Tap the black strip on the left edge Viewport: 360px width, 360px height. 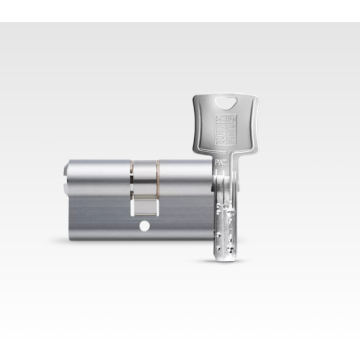tap(4, 180)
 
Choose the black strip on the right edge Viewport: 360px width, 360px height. tap(355, 180)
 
